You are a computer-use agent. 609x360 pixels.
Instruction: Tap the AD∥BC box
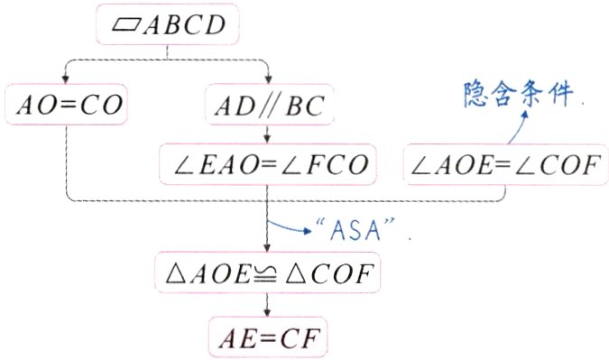(268, 106)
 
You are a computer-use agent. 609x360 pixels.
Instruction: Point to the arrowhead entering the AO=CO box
(66, 79)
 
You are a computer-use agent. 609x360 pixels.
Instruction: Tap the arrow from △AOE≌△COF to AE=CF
(267, 303)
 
